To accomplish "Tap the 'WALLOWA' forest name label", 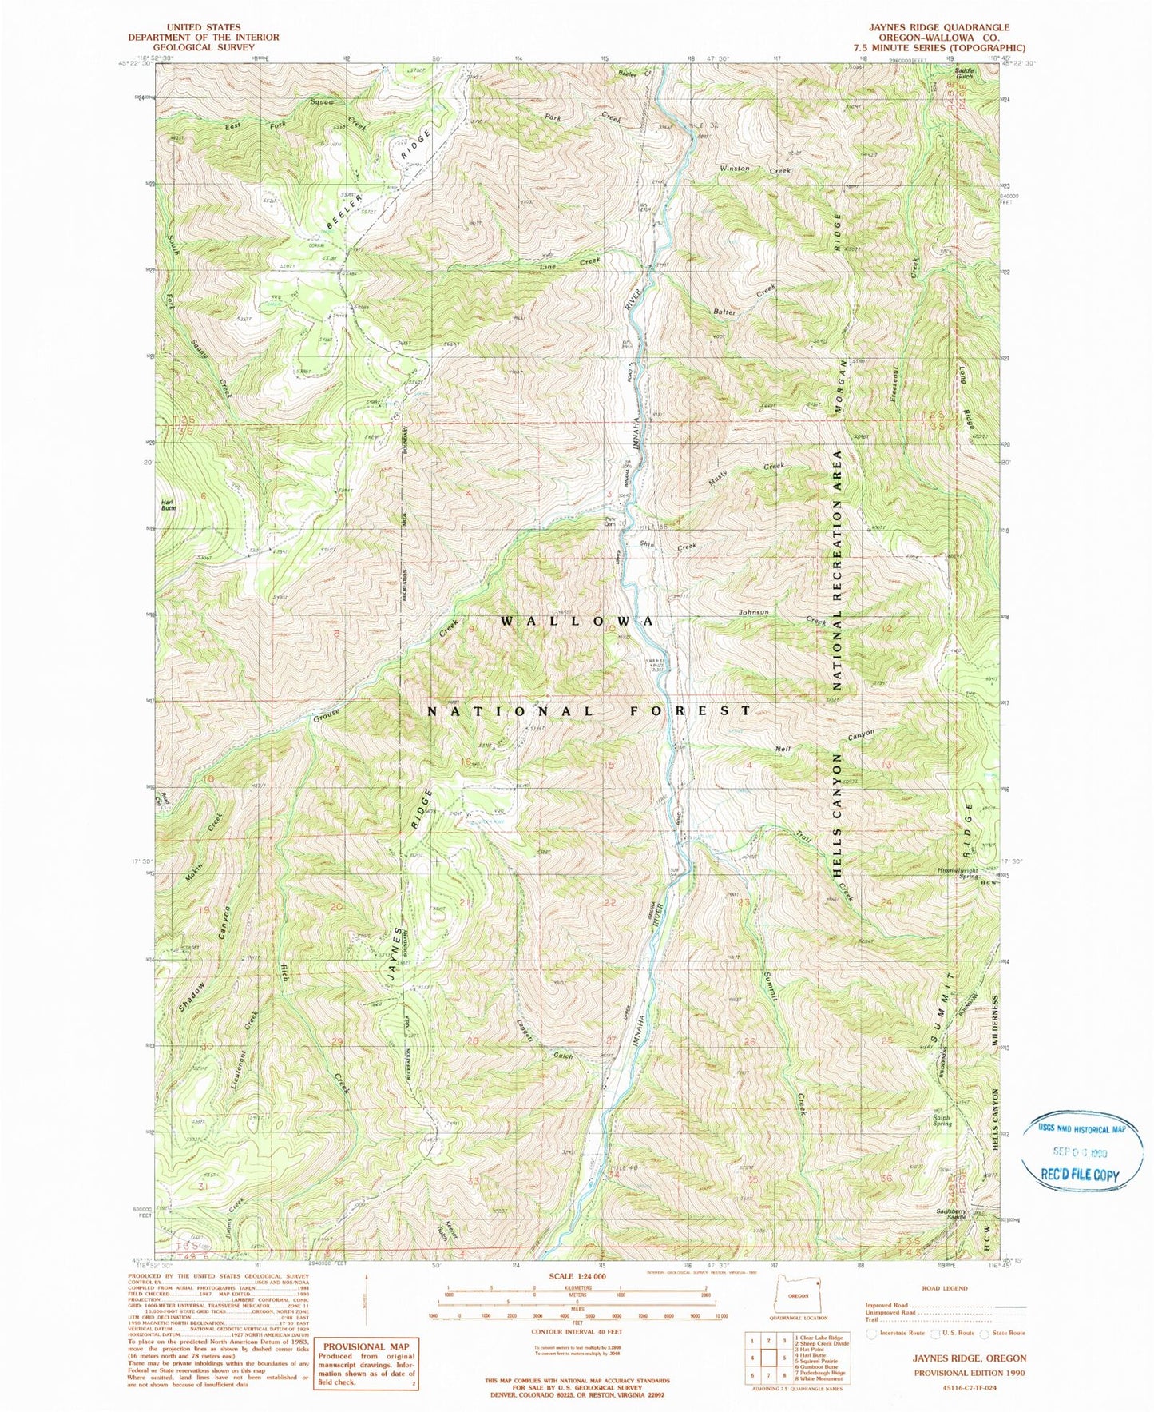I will pos(579,621).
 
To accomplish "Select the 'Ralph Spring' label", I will pos(942,1120).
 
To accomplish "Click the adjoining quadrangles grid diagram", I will pos(763,1356).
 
